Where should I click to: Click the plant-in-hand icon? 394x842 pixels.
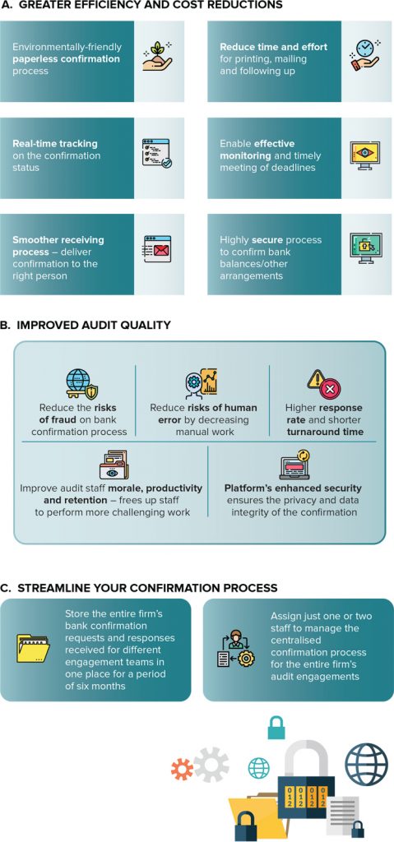tap(157, 55)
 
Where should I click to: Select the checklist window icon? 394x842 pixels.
tap(157, 154)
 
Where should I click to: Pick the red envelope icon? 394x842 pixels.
tap(157, 248)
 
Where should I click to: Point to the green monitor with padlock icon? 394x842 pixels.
tap(365, 248)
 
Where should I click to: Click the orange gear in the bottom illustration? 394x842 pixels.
tap(182, 769)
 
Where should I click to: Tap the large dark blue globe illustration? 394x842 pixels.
tap(366, 764)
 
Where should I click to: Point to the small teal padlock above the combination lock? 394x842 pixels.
tap(276, 727)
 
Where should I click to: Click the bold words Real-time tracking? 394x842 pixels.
tap(55, 144)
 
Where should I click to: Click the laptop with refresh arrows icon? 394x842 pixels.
tap(294, 465)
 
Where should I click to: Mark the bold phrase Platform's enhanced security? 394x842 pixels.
tap(293, 488)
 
